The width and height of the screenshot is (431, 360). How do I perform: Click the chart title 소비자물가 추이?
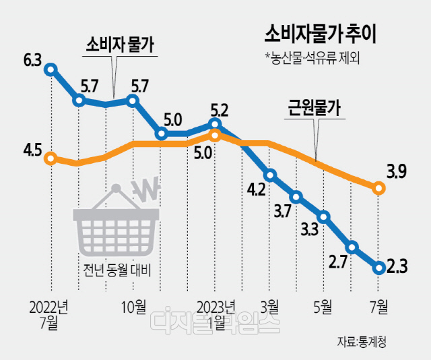click(320, 33)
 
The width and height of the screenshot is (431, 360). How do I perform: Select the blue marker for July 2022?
click(51, 68)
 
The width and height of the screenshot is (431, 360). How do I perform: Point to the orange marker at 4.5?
click(50, 159)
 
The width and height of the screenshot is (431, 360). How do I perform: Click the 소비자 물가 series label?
click(119, 45)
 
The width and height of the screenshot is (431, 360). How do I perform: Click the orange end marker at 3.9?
click(378, 189)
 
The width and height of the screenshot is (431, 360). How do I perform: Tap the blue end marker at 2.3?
click(378, 268)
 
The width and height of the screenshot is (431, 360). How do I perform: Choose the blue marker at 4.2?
click(270, 175)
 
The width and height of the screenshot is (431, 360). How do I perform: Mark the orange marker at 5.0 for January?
click(215, 136)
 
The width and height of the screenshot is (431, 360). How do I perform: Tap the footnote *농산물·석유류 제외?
click(312, 59)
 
